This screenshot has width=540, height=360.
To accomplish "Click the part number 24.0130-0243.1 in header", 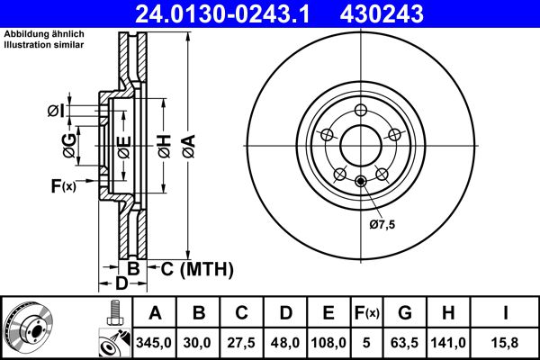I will point(229,13).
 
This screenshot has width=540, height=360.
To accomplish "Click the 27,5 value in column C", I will point(242,342).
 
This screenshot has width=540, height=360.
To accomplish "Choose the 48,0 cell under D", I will point(285,342).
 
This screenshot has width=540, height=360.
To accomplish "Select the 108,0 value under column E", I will point(328,342).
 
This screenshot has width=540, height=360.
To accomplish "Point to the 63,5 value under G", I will point(406,342).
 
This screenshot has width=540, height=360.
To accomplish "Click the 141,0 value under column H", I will point(449,342).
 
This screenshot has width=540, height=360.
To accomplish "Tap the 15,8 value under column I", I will point(506,342).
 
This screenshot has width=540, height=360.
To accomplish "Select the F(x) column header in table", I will point(367,313).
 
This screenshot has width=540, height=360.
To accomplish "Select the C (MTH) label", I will point(197,268).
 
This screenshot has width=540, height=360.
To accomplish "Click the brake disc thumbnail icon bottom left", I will point(28,328).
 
